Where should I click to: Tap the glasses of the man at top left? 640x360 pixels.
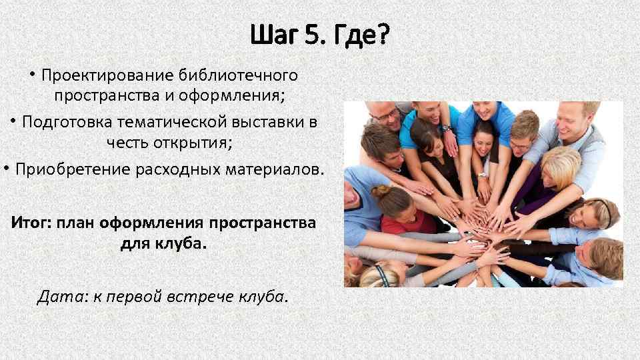click(387, 115)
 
